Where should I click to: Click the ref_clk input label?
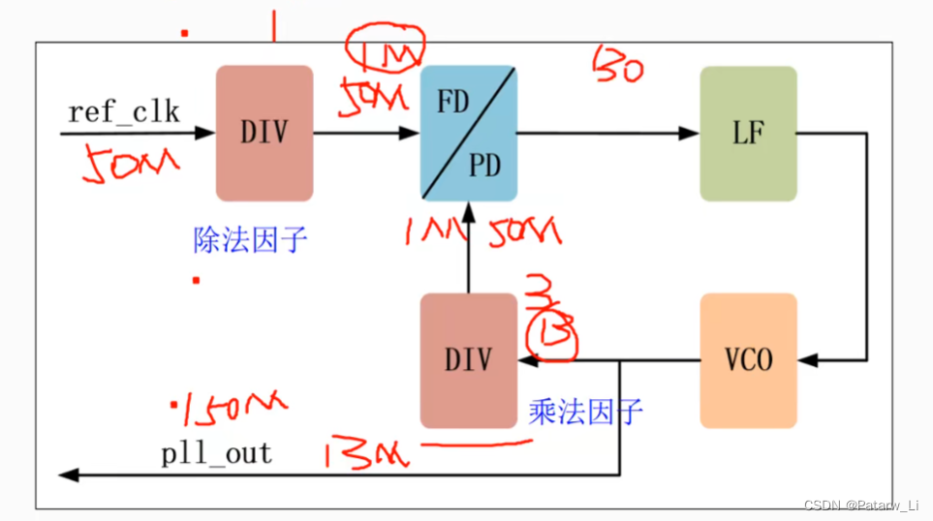(x=123, y=111)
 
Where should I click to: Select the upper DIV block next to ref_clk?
(x=264, y=133)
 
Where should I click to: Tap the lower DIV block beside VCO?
(x=468, y=360)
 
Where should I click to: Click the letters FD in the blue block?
(x=453, y=103)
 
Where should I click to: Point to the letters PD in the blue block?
(x=484, y=166)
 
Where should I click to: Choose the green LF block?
(x=748, y=133)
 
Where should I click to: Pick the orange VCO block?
(x=748, y=360)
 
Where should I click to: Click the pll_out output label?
(x=217, y=453)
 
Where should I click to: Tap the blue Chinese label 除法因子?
(x=250, y=238)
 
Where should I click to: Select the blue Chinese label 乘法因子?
(x=585, y=412)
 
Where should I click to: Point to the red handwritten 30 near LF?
(x=618, y=66)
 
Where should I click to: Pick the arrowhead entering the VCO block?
(x=808, y=360)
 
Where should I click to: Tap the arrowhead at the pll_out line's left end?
(x=68, y=475)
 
